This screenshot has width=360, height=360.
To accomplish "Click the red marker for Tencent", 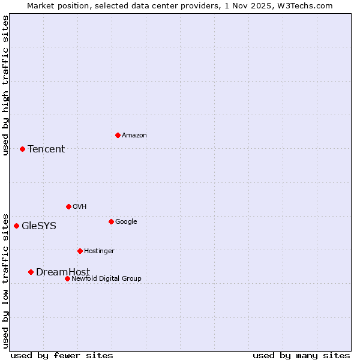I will point(22,149).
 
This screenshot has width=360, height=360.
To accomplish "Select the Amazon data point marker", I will point(118,135).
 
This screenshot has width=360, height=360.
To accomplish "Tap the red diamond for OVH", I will point(68,206).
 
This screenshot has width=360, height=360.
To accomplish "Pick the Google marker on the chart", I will point(111,221).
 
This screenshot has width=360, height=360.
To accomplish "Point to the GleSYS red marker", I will point(16,226).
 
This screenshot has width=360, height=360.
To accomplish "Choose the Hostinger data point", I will point(80,251).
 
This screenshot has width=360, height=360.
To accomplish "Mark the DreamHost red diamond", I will point(31,272).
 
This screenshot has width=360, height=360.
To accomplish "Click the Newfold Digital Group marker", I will point(67,278).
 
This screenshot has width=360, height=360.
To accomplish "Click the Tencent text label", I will point(46,149).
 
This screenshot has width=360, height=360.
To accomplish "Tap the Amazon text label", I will point(134,136).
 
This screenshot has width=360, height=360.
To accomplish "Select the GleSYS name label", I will point(39,226).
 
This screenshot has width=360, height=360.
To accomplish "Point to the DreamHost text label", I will point(63,272).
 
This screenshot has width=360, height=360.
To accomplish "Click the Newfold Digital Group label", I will point(106,278).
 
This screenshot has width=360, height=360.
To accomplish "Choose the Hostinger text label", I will point(99,251).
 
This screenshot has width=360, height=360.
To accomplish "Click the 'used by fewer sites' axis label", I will point(62,355).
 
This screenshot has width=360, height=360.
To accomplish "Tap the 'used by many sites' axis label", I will point(301,355).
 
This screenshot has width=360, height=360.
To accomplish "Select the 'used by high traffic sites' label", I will point(6,85).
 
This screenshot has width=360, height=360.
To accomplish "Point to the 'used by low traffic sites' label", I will point(6,280).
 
